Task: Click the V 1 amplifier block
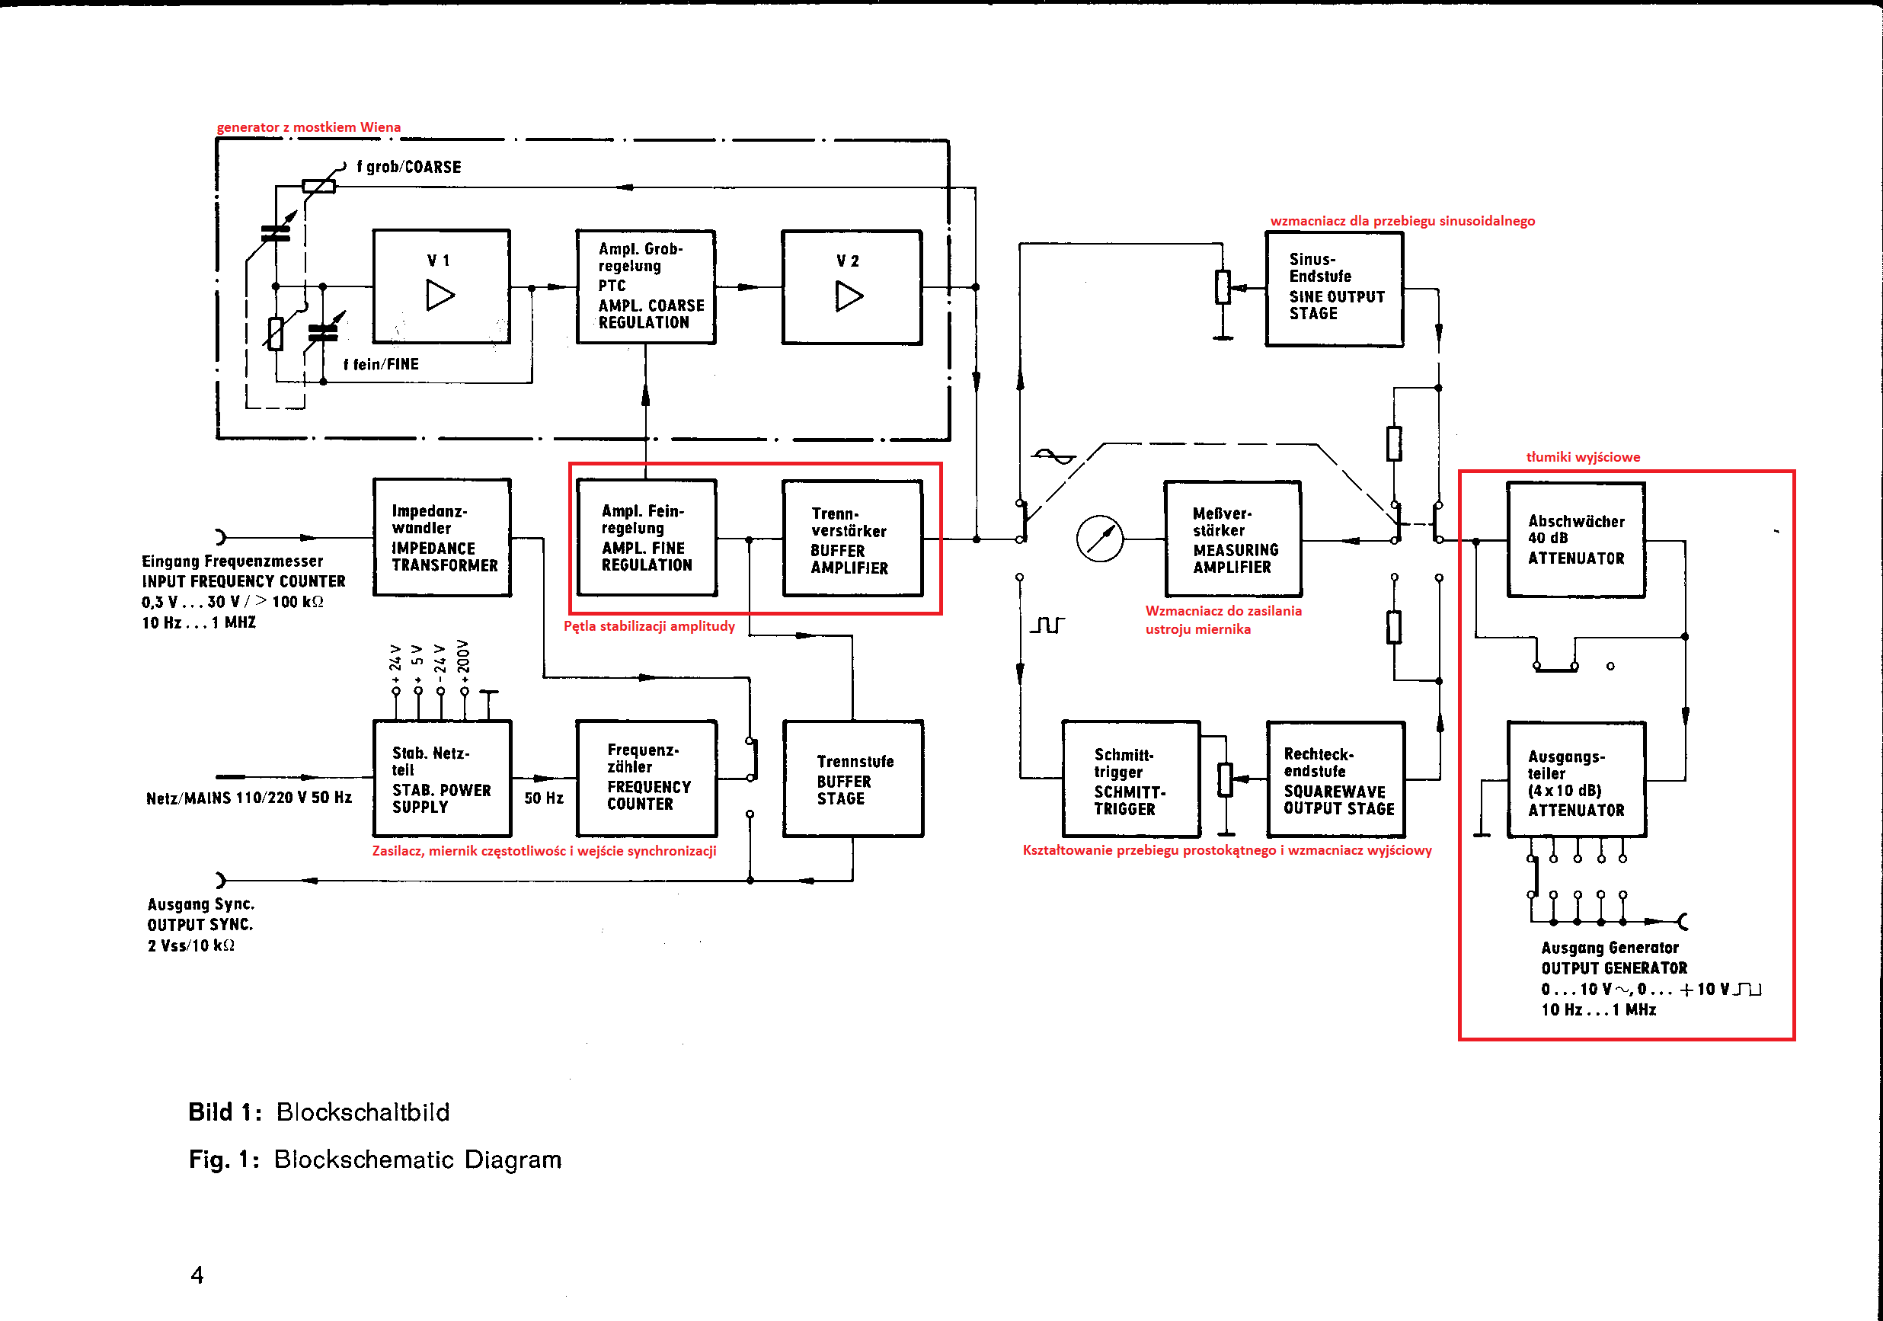click(x=441, y=286)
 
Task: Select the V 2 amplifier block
click(x=852, y=287)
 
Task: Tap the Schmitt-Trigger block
click(x=1131, y=779)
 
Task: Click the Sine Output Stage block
click(x=1335, y=289)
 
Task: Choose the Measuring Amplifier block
click(x=1232, y=539)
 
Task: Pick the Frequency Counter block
click(x=646, y=778)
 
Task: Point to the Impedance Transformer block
click(x=442, y=537)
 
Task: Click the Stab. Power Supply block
click(x=442, y=778)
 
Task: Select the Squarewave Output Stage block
click(x=1336, y=780)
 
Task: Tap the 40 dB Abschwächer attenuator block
click(x=1576, y=539)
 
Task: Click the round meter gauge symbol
click(x=1099, y=539)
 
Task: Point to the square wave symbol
click(x=1047, y=625)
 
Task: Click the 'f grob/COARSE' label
click(x=408, y=168)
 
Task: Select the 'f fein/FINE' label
click(x=381, y=364)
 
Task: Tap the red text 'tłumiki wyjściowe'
click(x=1583, y=457)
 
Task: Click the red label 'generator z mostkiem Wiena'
click(x=309, y=127)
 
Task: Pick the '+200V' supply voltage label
click(x=463, y=657)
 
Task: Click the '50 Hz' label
click(x=544, y=798)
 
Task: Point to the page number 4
click(x=197, y=1275)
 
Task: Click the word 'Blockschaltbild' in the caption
click(x=363, y=1112)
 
